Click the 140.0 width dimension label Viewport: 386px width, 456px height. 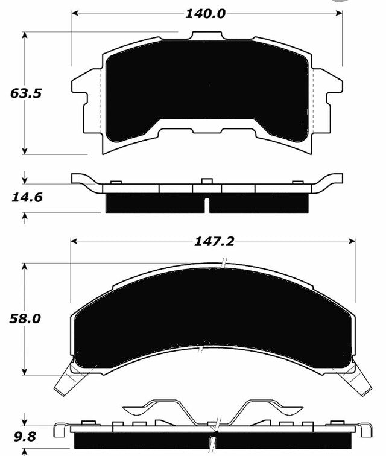206,13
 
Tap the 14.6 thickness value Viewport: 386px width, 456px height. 24,196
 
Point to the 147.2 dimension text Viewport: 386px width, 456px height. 214,241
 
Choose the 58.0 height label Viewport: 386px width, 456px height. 25,319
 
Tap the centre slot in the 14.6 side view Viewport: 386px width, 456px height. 207,204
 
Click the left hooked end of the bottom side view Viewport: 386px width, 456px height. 59,431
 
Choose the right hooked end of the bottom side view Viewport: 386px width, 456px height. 365,431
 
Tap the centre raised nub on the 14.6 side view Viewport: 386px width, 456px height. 206,181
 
